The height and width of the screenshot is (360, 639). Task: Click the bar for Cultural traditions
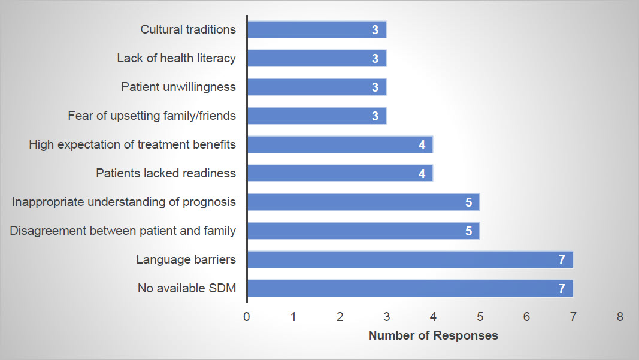pyautogui.click(x=317, y=29)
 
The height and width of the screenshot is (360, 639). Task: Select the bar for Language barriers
pyautogui.click(x=410, y=260)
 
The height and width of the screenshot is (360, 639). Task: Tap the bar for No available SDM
pyautogui.click(x=410, y=288)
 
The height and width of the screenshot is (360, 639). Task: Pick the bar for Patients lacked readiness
pyautogui.click(x=340, y=173)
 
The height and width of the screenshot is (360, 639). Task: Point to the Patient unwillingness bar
pyautogui.click(x=317, y=87)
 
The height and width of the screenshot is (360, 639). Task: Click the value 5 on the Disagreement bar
pyautogui.click(x=469, y=231)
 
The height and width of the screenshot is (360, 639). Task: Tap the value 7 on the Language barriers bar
pyautogui.click(x=562, y=260)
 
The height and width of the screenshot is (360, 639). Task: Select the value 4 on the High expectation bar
pyautogui.click(x=422, y=145)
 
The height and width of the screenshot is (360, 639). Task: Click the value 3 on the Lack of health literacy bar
pyautogui.click(x=375, y=59)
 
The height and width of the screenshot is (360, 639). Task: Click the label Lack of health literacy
pyautogui.click(x=177, y=58)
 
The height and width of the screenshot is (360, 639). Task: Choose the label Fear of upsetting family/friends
pyautogui.click(x=152, y=116)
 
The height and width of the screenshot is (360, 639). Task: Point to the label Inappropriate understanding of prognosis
pyautogui.click(x=124, y=202)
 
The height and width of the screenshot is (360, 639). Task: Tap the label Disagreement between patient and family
pyautogui.click(x=123, y=231)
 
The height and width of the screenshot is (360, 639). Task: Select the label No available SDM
pyautogui.click(x=187, y=288)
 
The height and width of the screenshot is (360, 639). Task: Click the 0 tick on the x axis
pyautogui.click(x=247, y=317)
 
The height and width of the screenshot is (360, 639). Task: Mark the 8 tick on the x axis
pyautogui.click(x=620, y=317)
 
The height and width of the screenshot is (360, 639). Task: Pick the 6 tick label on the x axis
pyautogui.click(x=526, y=317)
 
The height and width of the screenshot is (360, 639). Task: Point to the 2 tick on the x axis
pyautogui.click(x=340, y=317)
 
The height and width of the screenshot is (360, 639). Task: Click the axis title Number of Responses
pyautogui.click(x=433, y=335)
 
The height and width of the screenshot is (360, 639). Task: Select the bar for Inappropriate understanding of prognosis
pyautogui.click(x=364, y=202)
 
